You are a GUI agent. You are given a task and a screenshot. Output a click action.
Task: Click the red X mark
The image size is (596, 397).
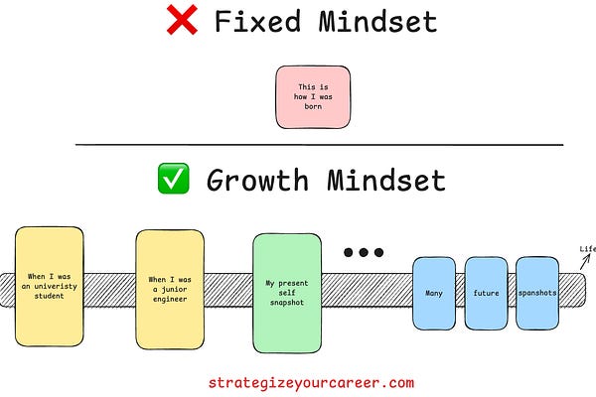pyautogui.click(x=183, y=22)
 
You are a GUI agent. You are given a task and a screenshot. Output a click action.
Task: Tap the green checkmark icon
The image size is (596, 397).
pyautogui.click(x=174, y=180)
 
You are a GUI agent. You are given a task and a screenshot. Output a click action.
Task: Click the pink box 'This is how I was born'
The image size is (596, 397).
pyautogui.click(x=313, y=96)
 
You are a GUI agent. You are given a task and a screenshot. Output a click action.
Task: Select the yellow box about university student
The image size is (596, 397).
pyautogui.click(x=50, y=286)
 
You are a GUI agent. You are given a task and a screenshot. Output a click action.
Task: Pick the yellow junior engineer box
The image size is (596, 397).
pyautogui.click(x=169, y=288)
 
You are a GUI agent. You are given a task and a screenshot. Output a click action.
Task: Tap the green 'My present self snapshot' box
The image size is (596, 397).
pyautogui.click(x=286, y=292)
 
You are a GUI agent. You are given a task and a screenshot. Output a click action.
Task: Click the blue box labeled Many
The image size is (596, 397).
pyautogui.click(x=433, y=294)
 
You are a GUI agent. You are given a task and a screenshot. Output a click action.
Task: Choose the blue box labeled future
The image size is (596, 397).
pyautogui.click(x=486, y=294)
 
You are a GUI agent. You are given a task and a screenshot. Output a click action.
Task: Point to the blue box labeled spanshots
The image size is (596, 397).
pyautogui.click(x=537, y=294)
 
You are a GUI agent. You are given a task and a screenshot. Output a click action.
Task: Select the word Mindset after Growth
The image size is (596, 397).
pyautogui.click(x=388, y=180)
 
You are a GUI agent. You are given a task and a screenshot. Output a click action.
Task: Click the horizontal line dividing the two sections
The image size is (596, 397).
pyautogui.click(x=318, y=144)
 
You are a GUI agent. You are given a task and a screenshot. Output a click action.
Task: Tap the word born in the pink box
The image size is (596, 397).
pyautogui.click(x=313, y=106)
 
